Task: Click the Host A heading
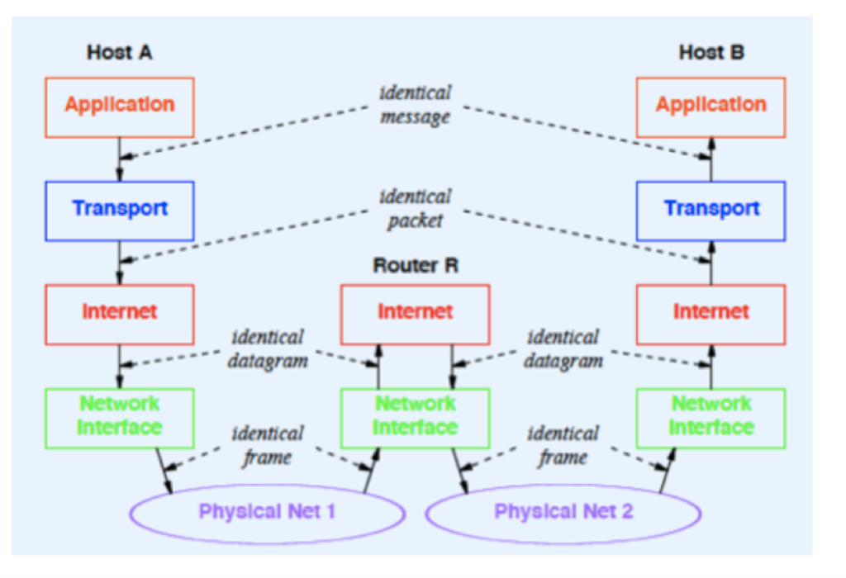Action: click(120, 53)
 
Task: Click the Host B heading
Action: click(711, 53)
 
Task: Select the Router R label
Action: click(415, 266)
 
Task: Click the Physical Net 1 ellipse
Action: click(267, 512)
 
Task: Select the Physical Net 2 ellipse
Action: click(563, 512)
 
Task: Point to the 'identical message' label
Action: click(415, 105)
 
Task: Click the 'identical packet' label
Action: click(415, 209)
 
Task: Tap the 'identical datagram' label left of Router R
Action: click(268, 348)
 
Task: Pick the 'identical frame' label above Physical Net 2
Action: click(563, 444)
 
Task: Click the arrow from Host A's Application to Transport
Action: click(120, 159)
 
